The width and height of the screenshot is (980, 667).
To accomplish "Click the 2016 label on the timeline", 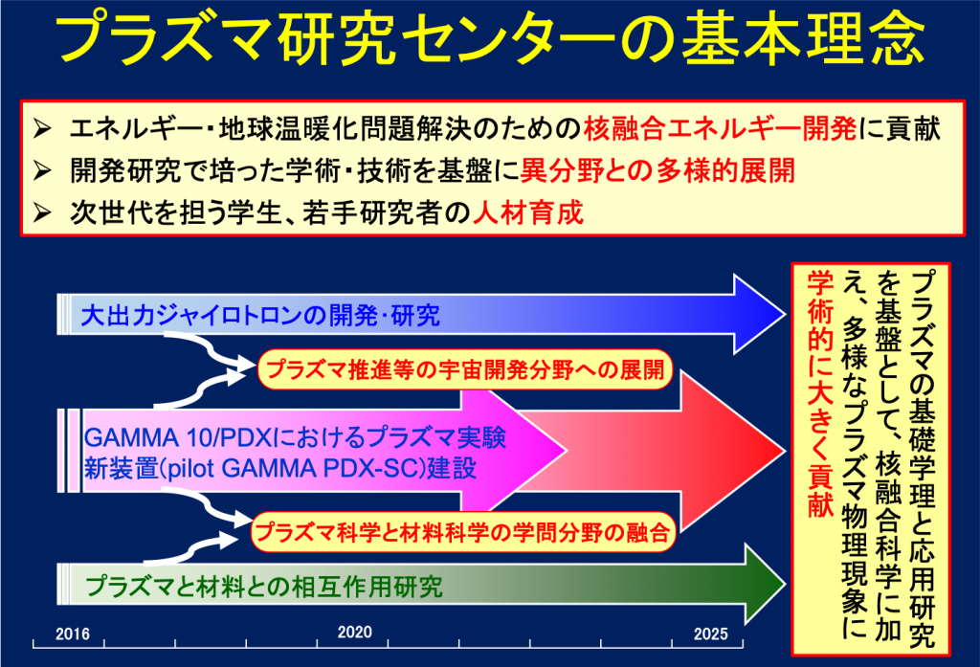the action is [x=73, y=634].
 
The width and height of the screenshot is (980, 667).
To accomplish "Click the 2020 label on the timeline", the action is [x=354, y=632].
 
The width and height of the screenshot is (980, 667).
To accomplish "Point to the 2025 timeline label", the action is [x=711, y=634].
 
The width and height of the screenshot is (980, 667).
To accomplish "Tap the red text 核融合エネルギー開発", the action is [x=720, y=129].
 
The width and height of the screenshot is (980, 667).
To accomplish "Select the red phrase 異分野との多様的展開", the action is [x=657, y=170].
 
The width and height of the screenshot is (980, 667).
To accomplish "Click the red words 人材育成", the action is [x=528, y=212].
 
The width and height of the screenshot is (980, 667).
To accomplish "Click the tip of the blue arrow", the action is [x=785, y=314].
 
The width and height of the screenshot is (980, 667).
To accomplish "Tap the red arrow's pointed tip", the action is [x=785, y=451].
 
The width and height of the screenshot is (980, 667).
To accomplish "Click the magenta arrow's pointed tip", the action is [x=567, y=450].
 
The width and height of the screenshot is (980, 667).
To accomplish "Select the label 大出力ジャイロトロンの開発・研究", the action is [x=260, y=315].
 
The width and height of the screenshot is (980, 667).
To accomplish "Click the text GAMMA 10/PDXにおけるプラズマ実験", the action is [x=295, y=437].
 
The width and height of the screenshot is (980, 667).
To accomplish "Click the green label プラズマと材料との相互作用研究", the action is [x=264, y=587].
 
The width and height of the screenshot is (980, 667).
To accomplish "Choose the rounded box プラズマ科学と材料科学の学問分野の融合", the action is [x=463, y=532].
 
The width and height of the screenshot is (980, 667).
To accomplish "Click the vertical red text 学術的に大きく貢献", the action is [x=821, y=394].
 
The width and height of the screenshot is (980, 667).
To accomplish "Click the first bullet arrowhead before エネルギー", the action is [x=42, y=129].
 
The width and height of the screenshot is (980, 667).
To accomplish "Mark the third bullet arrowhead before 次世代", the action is [x=42, y=212].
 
